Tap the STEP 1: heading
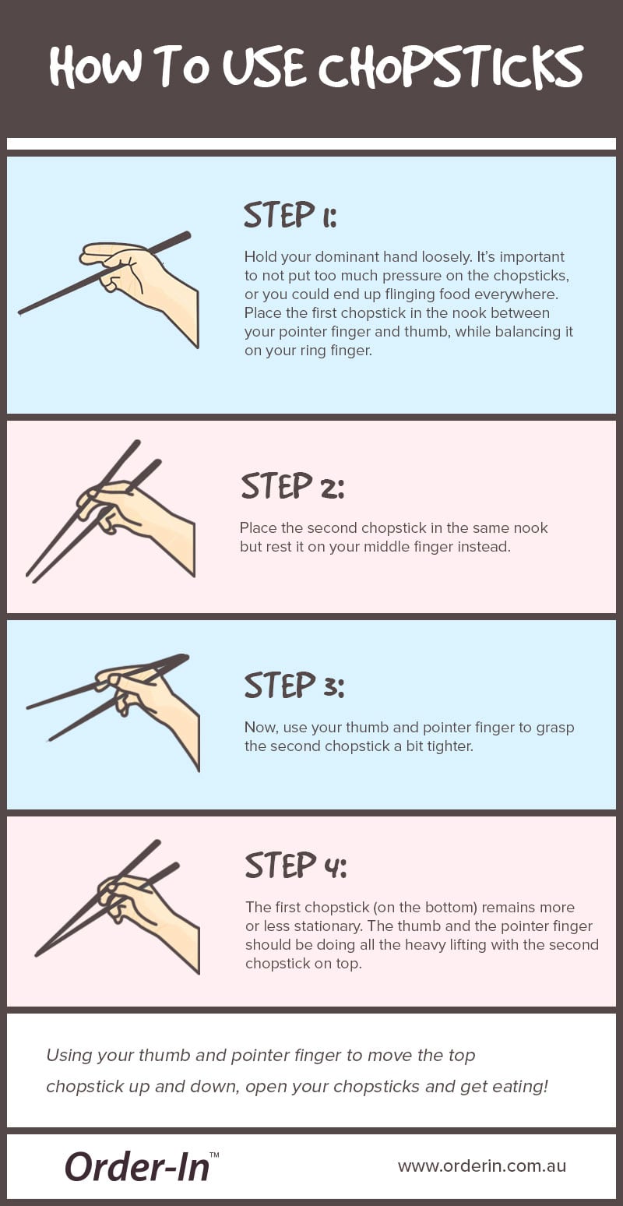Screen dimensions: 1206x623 (x=290, y=215)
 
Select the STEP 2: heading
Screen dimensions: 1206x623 (x=292, y=486)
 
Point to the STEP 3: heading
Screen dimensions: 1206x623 (x=294, y=686)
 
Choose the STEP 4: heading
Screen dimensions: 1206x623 (x=295, y=866)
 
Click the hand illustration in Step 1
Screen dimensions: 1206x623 (x=140, y=277)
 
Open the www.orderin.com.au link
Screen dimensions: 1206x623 (x=481, y=1166)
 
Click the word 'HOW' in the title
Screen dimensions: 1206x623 (x=93, y=68)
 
